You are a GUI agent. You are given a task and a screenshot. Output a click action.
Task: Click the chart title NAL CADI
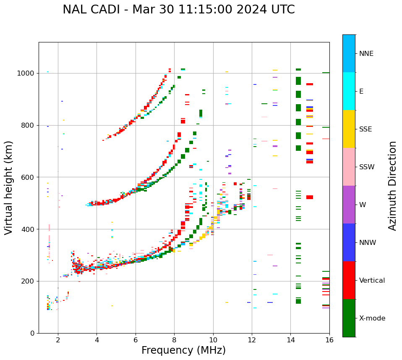[x=178, y=10]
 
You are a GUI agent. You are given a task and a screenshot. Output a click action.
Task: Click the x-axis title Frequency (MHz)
[x=183, y=350]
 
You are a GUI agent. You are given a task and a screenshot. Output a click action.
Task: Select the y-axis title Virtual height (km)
[x=9, y=187]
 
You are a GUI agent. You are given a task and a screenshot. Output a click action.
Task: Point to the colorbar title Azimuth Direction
[x=392, y=185]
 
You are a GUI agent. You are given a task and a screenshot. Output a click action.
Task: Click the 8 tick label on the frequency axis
[x=174, y=340]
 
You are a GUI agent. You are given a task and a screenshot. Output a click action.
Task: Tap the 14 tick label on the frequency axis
[x=290, y=340]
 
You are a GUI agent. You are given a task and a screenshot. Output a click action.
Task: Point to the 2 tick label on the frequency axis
[x=58, y=340]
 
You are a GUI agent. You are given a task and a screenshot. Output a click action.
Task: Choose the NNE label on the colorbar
[x=366, y=54]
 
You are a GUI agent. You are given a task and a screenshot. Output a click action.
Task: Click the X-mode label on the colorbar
[x=372, y=318]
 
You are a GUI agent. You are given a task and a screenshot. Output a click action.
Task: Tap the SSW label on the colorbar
[x=367, y=167]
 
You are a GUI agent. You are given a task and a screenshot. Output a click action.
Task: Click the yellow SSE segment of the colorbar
[x=349, y=129]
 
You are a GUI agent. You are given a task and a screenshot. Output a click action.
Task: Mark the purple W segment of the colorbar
[x=349, y=205]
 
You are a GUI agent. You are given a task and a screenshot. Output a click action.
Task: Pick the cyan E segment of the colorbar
[x=349, y=91]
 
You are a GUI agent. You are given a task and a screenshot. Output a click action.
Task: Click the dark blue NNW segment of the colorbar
[x=349, y=242]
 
